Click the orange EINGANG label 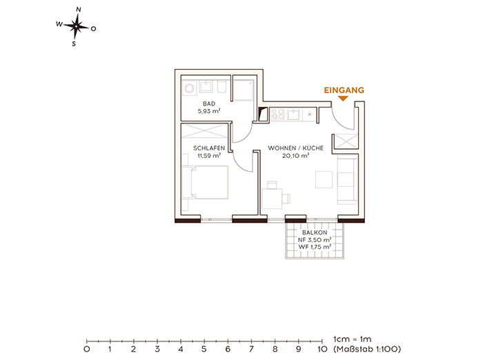click(344, 90)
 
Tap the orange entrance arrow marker click(343, 99)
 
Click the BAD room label click(209, 103)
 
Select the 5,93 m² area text click(209, 111)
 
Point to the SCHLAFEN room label click(209, 148)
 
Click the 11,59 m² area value click(209, 156)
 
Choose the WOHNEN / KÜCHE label click(296, 148)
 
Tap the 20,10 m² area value click(296, 156)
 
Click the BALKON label click(315, 233)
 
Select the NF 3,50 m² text click(315, 240)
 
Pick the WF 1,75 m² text click(315, 247)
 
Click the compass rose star click(76, 27)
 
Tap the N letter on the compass click(79, 10)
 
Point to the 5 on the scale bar click(204, 349)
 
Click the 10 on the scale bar click(322, 349)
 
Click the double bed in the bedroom click(205, 182)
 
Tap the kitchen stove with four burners click(277, 114)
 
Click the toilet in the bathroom click(221, 87)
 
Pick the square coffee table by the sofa click(324, 179)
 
